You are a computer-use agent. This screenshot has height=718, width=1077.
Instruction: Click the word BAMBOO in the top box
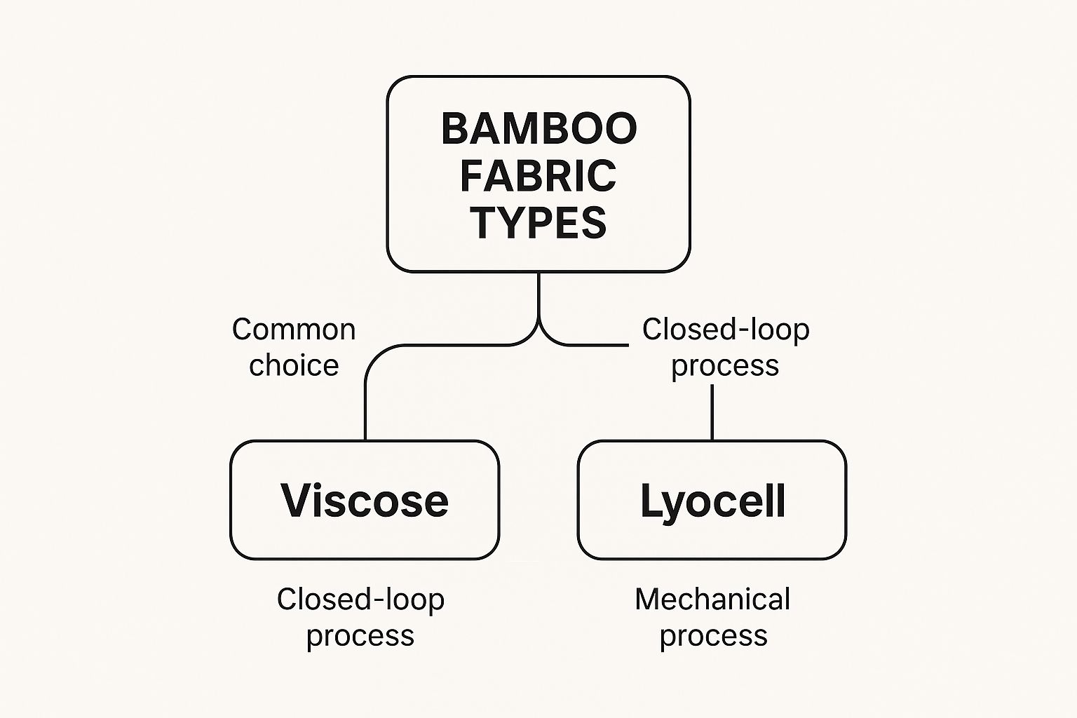coord(538,129)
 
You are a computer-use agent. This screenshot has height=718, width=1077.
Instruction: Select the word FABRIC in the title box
coord(538,175)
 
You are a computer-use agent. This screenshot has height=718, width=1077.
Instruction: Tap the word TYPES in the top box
coord(538,222)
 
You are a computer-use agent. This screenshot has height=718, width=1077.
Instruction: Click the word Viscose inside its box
coord(365,501)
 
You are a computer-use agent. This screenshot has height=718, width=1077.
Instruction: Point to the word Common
coord(294,330)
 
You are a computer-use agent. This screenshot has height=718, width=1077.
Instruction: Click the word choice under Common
coord(294,366)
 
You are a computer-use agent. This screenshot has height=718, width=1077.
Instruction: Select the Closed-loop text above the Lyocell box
coord(726,330)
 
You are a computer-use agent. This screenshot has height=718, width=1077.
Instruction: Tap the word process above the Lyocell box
coord(725,366)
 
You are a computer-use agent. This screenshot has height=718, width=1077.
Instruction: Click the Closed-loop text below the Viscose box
coord(360,600)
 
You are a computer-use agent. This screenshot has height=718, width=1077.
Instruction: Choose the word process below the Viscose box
coord(360,636)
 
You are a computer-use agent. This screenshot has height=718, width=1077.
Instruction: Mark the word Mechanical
coord(712,600)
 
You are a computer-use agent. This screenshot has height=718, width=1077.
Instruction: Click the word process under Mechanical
coord(713,636)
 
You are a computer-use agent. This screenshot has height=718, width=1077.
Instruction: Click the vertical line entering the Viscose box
coord(365,407)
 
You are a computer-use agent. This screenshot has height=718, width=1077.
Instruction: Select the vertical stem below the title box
coord(538,294)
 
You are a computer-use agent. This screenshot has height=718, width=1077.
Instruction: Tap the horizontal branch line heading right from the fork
coord(596,345)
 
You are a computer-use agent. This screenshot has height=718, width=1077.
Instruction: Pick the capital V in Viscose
coord(296,501)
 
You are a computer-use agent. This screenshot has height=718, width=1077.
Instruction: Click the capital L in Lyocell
coord(651,501)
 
